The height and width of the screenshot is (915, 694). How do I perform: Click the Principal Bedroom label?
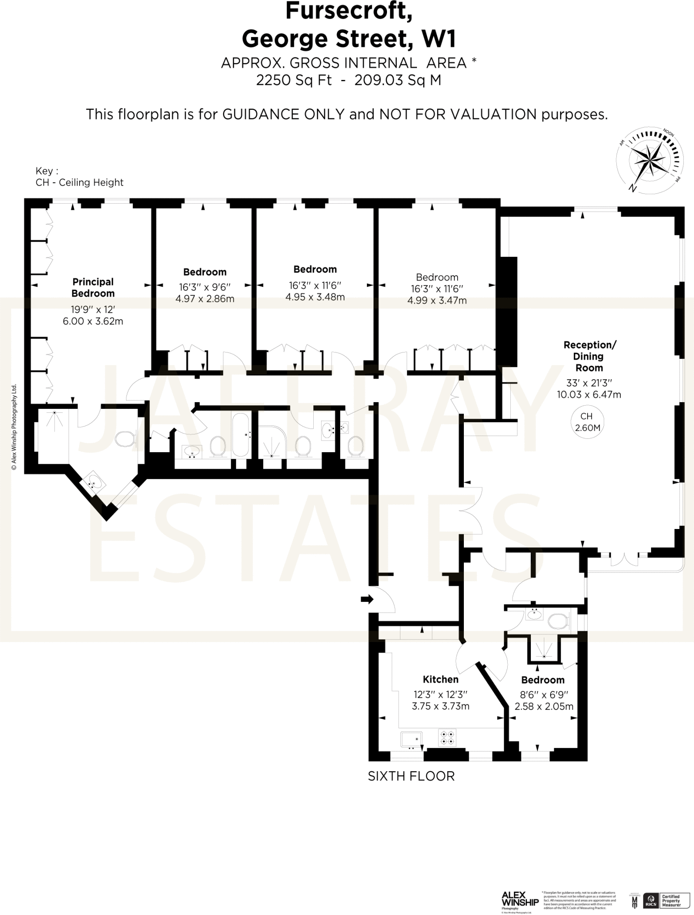point(93,287)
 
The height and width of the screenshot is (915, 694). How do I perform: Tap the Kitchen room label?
point(440,679)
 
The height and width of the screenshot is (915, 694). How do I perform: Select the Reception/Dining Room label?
point(589,356)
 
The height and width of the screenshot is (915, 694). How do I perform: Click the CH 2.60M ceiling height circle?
point(587,422)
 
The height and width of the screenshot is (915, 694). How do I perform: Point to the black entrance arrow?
point(367,599)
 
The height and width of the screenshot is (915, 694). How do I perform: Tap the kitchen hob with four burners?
point(447,738)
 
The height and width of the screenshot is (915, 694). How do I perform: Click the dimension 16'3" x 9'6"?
point(205,287)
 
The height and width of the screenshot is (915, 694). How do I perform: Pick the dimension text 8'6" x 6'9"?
point(543,695)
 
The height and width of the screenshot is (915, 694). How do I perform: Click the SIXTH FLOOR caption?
point(411,776)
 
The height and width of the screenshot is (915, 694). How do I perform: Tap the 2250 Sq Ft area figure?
point(294,80)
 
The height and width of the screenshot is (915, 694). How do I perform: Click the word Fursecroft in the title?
point(349,11)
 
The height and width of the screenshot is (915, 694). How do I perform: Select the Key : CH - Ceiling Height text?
point(79,177)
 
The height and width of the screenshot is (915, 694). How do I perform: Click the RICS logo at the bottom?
point(650,901)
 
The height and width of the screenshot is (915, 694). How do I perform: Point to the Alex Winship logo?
point(520,899)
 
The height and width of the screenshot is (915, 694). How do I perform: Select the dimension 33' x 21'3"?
point(589,383)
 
